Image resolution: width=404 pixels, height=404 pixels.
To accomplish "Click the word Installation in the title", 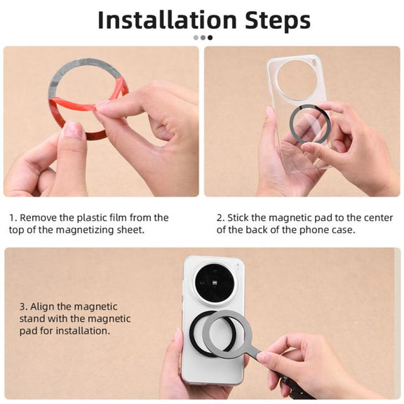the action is coord(167,20).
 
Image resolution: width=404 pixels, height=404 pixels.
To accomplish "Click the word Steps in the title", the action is coord(278,21).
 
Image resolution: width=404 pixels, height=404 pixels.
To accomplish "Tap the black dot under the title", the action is coord(210,38).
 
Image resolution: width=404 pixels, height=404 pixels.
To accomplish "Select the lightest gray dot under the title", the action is coord(196,38).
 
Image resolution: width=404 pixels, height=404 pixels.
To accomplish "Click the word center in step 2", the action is coord(378,218).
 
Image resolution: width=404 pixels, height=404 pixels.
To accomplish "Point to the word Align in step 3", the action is coord(43,307).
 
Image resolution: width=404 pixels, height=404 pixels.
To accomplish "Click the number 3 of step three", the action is coord(22,307).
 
